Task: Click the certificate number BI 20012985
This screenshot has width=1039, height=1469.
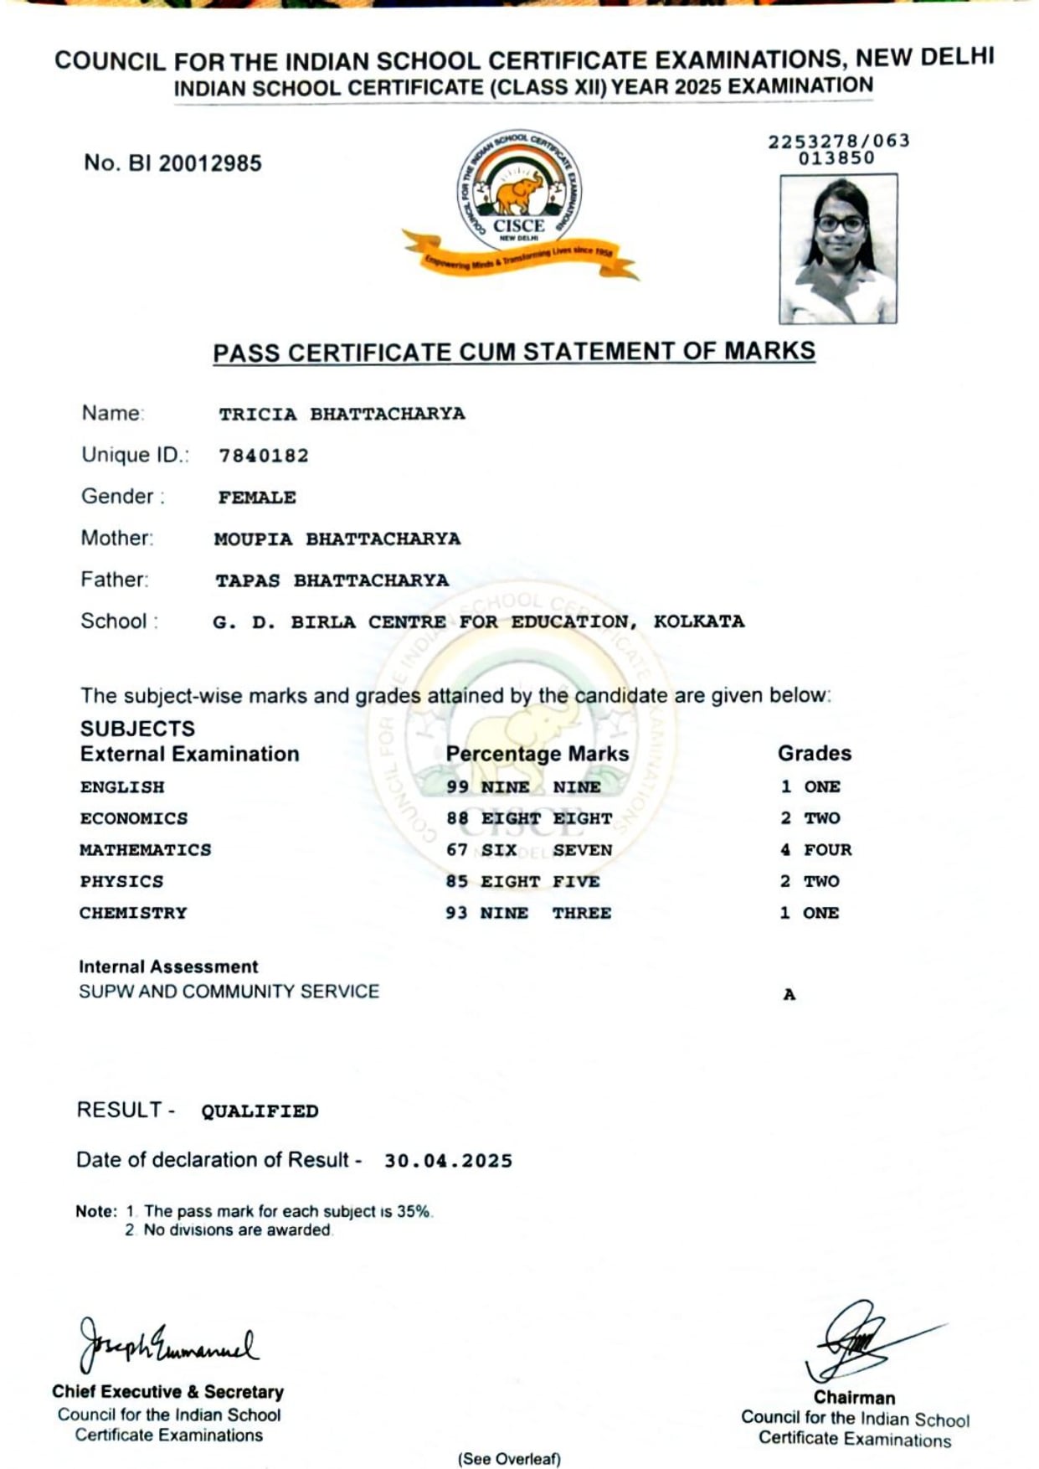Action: (x=172, y=162)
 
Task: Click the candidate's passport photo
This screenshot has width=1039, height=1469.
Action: (x=838, y=249)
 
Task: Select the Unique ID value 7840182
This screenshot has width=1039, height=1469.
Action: (x=264, y=456)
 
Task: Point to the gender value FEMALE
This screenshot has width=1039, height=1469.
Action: (x=257, y=497)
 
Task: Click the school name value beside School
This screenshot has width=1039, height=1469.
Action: (x=478, y=621)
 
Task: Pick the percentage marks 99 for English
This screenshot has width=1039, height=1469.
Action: (x=457, y=786)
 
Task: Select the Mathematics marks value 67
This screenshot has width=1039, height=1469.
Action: (x=457, y=849)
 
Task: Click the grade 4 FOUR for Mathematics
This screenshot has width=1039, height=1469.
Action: (x=815, y=849)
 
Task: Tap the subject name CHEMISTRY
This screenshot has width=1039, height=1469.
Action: (x=133, y=913)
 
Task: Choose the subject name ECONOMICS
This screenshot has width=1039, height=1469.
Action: (x=134, y=818)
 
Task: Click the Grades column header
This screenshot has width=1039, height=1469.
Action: (x=814, y=753)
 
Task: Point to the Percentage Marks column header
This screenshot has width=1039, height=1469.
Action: (x=537, y=753)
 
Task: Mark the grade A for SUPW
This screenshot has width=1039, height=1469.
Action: (x=789, y=994)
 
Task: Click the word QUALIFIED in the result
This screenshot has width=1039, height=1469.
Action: (x=260, y=1111)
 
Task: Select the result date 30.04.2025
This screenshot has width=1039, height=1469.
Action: (x=448, y=1161)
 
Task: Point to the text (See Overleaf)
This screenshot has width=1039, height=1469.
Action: (x=509, y=1458)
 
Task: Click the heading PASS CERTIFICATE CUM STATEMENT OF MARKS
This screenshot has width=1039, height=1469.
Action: (x=514, y=352)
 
